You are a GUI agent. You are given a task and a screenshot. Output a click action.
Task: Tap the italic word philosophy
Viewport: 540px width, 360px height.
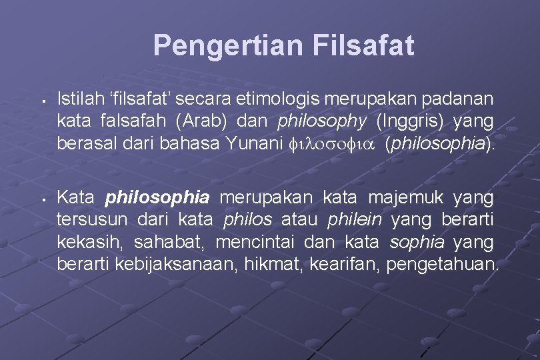click(314, 123)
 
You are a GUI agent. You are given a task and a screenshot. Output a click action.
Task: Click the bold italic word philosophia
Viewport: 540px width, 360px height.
click(158, 198)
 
